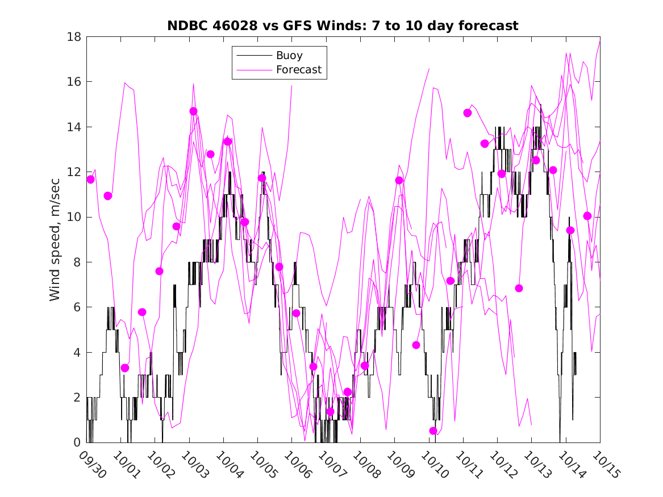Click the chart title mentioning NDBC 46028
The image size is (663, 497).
coord(343,26)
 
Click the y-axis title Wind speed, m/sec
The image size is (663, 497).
coord(55,239)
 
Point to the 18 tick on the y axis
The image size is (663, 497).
coord(76,37)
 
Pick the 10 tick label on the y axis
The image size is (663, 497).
coord(76,217)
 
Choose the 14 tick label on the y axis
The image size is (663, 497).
coord(76,127)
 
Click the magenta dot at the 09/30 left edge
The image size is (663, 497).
coord(90,179)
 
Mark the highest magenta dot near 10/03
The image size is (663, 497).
coord(193,111)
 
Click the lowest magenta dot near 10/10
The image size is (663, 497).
coord(433,431)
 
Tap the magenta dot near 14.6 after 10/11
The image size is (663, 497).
coord(468,113)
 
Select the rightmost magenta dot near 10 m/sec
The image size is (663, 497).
coord(587,216)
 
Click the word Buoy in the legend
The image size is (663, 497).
coord(289,56)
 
